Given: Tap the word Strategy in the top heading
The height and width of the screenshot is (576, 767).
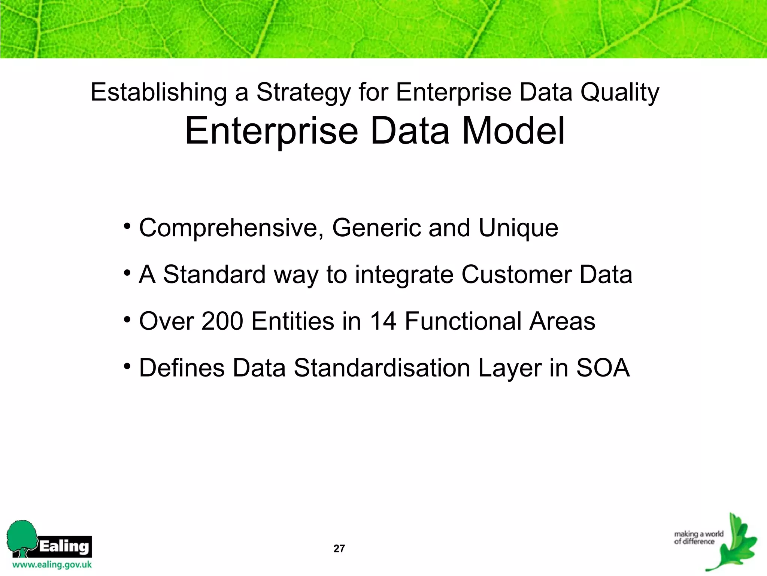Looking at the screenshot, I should [x=303, y=93].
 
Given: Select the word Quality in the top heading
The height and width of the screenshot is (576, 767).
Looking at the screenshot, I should [x=620, y=93].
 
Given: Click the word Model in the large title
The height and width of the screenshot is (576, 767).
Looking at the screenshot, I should [x=513, y=131].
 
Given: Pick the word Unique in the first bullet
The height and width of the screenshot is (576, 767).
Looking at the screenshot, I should [x=518, y=228].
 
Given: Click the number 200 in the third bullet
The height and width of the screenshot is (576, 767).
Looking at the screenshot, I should [x=222, y=321].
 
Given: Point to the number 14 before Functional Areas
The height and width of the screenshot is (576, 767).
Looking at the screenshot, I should [x=383, y=321].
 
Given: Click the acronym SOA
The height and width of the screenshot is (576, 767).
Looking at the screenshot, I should [x=603, y=368].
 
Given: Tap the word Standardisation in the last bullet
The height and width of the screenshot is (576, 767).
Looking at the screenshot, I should [x=382, y=368].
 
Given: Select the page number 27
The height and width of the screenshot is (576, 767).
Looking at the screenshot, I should [x=339, y=549].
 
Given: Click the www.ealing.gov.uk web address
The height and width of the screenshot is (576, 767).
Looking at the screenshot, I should [x=52, y=565].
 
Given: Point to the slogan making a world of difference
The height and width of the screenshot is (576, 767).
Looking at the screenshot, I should [x=698, y=537].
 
